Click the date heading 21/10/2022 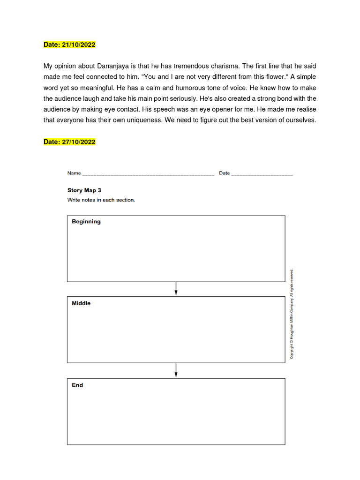coord(69,45)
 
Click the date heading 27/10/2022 coord(69,142)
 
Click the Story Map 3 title coord(84,190)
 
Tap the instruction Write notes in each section coord(101,200)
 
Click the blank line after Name coord(148,174)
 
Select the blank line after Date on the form coord(262,174)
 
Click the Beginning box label coord(86,222)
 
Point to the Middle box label coord(81,303)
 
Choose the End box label coord(77,385)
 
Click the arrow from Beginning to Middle coord(176,289)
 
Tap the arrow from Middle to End coord(176,370)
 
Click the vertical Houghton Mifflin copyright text coord(292,314)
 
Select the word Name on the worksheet coord(74,173)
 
